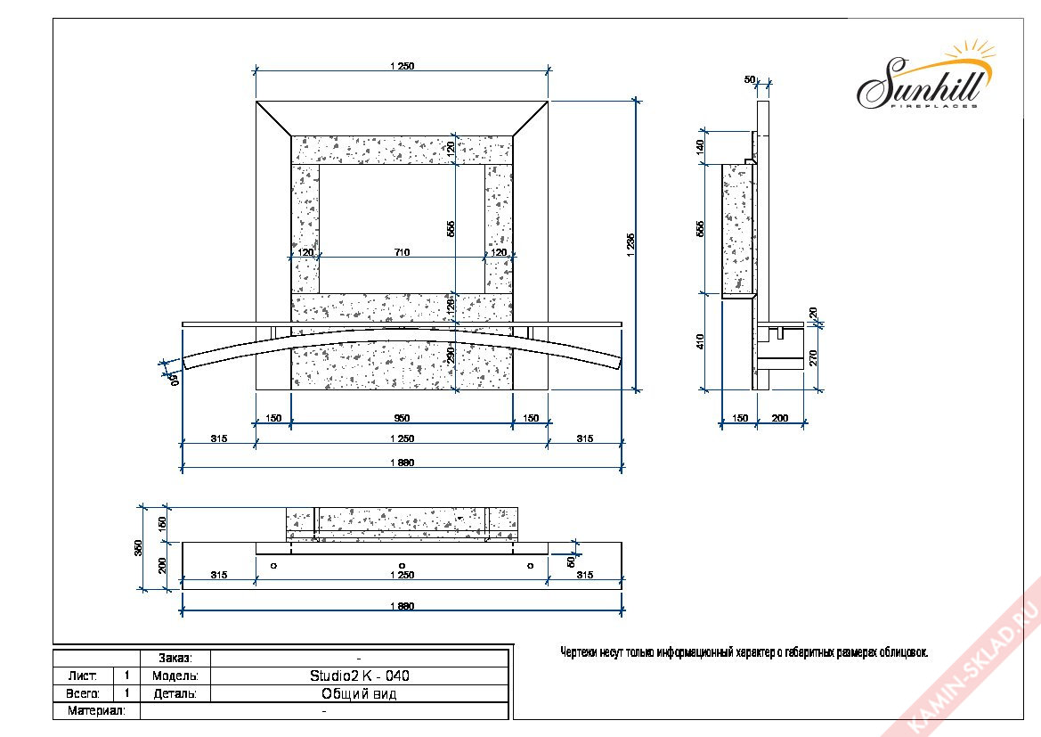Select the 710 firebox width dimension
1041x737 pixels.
coord(401,253)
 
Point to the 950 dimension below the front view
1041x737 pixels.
coord(402,418)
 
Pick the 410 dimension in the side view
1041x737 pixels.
coord(701,340)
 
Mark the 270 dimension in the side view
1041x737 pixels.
coord(813,357)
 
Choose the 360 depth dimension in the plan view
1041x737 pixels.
coord(139,546)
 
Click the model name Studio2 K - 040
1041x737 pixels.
coord(360,676)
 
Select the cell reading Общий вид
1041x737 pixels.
coord(360,693)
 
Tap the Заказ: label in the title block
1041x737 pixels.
coord(175,658)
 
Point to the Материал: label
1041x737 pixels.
coord(96,711)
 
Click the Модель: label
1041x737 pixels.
coord(175,676)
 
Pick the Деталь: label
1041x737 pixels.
coord(175,693)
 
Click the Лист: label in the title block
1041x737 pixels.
coord(83,676)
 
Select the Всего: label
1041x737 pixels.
coord(83,693)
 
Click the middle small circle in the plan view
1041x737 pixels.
coord(403,565)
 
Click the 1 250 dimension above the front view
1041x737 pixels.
coord(402,66)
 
